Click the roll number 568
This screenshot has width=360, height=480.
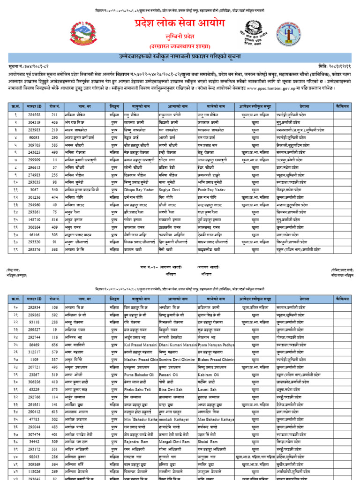pos(55,249)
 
